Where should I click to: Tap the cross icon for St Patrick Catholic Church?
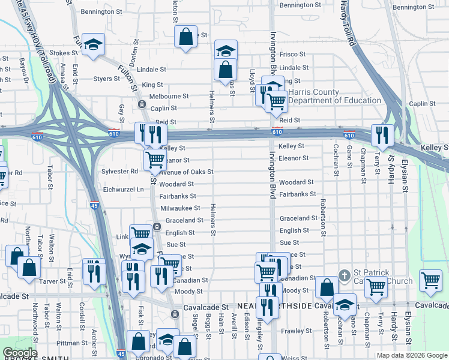(x=344, y=276)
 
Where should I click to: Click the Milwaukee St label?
(x=180, y=208)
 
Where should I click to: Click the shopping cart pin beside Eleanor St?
(x=155, y=160)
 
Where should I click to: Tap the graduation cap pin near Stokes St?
(x=93, y=44)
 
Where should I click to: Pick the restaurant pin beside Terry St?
(x=382, y=136)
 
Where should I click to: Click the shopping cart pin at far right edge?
(x=430, y=280)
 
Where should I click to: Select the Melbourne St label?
(x=169, y=96)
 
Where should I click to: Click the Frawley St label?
(x=294, y=331)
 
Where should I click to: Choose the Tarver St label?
(x=53, y=281)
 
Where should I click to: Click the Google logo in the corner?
(x=19, y=353)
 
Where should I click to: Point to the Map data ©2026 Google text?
(x=411, y=355)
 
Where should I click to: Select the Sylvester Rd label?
(x=121, y=171)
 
